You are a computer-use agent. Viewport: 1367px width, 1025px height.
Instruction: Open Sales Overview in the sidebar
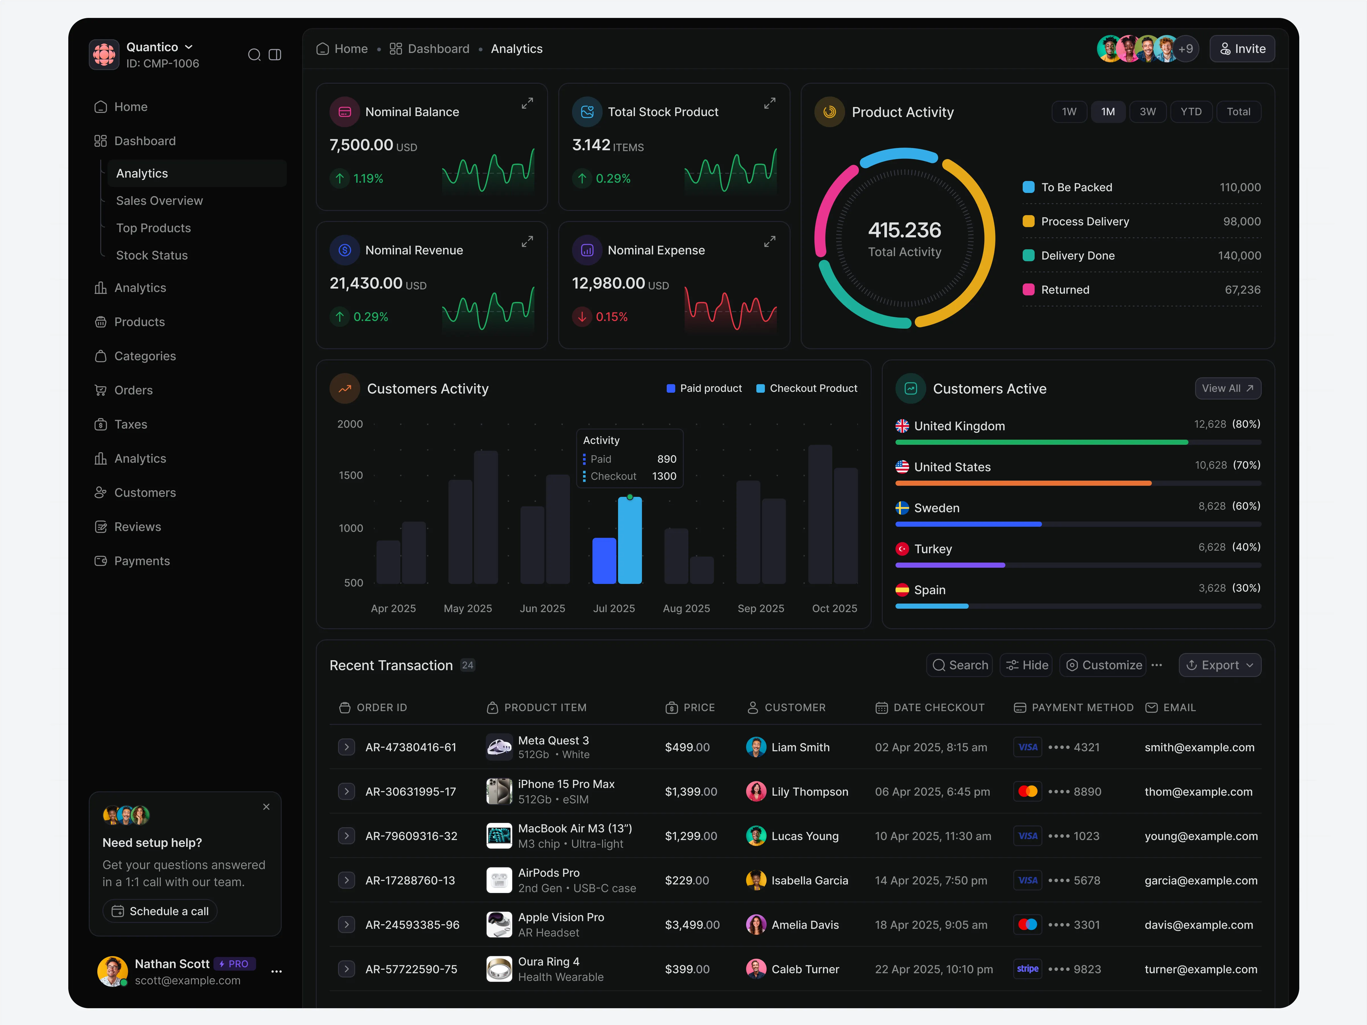[159, 201]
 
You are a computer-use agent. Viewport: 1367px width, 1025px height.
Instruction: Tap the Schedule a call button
[160, 911]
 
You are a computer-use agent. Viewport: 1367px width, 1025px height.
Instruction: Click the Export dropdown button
[1219, 665]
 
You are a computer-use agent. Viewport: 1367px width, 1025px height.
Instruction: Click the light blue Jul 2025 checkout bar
[630, 541]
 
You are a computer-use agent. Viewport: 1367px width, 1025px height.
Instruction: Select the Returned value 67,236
[1242, 290]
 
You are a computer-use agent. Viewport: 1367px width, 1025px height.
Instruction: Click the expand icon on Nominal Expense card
[769, 242]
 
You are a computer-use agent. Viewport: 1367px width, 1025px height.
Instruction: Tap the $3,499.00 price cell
[692, 925]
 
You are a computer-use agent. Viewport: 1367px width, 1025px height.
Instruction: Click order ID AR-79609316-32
[411, 836]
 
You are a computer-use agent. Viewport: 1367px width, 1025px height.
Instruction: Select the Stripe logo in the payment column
[1027, 969]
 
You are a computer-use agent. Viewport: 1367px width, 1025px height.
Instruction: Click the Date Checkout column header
[938, 707]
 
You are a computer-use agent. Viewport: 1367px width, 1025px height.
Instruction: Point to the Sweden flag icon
[902, 508]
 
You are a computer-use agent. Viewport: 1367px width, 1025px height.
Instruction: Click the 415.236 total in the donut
[904, 230]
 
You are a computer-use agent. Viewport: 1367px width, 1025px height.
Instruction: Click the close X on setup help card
[266, 807]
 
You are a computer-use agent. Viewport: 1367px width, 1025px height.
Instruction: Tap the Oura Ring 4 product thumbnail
[499, 969]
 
